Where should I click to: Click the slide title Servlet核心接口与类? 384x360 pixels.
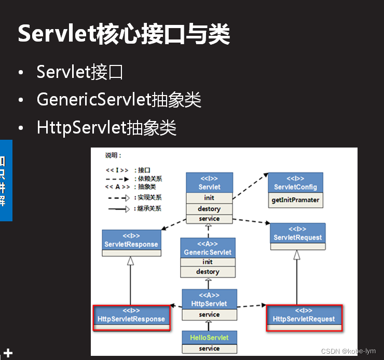click(x=124, y=34)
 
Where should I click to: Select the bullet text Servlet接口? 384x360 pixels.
click(x=80, y=72)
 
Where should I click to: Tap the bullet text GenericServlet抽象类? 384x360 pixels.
click(x=119, y=99)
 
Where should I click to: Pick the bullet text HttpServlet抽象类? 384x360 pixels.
click(x=107, y=127)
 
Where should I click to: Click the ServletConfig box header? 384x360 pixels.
click(x=295, y=183)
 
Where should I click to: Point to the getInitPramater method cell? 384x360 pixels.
click(x=295, y=200)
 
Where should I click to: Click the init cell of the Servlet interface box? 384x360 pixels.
click(x=209, y=197)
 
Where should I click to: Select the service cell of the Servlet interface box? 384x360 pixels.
click(x=209, y=219)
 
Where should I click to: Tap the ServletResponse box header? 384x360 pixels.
click(x=130, y=241)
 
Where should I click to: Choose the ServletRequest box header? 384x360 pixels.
click(x=297, y=234)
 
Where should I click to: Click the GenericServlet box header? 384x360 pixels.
click(x=208, y=248)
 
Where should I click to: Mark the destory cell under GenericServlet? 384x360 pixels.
click(x=208, y=272)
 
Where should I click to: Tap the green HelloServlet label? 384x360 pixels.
click(x=209, y=337)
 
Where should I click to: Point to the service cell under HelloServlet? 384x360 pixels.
click(x=209, y=348)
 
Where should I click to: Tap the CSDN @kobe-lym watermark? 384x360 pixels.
click(x=348, y=352)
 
